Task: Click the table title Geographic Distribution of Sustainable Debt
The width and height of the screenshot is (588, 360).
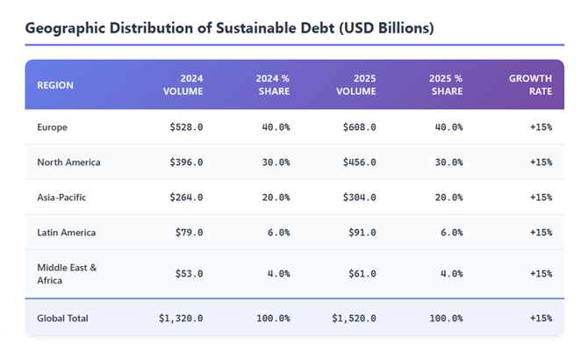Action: (x=229, y=28)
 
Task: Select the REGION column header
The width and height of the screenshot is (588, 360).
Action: (x=55, y=85)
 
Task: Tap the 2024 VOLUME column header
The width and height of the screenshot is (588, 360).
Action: (x=183, y=85)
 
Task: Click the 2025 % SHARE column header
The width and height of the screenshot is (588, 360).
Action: (x=446, y=85)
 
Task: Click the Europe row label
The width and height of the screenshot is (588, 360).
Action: (x=52, y=127)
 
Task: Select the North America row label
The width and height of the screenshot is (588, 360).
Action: (x=68, y=162)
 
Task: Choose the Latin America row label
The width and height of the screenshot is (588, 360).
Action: (x=66, y=233)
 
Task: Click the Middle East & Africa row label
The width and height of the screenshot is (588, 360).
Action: (x=67, y=273)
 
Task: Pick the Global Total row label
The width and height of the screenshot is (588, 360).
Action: (x=62, y=318)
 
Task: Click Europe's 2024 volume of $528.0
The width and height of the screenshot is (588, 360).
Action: (x=186, y=127)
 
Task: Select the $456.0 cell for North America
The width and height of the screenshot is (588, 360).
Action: (x=359, y=162)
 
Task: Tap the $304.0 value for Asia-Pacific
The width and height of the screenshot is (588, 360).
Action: (x=359, y=198)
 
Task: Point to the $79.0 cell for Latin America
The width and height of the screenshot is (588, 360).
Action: (x=189, y=233)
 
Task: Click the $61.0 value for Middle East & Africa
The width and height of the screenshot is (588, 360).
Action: (x=362, y=273)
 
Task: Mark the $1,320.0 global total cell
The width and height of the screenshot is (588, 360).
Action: (x=181, y=318)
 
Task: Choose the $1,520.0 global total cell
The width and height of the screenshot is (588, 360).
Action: (x=354, y=318)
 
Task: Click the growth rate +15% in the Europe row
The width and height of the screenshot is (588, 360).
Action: (x=541, y=127)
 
